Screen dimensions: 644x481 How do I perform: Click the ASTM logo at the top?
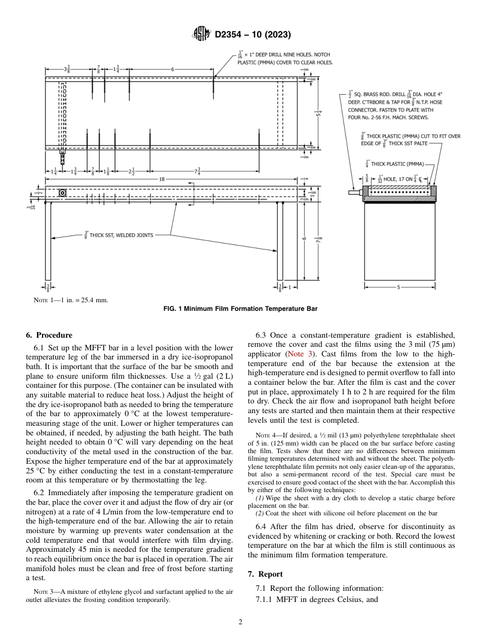[202, 34]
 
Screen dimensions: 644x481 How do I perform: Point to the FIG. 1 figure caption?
[240, 309]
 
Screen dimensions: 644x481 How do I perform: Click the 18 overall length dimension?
[162, 179]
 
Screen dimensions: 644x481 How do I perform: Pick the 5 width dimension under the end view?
[398, 288]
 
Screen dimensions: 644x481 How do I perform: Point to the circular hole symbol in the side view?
[62, 192]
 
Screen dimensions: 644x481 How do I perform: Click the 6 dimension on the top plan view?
[172, 69]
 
